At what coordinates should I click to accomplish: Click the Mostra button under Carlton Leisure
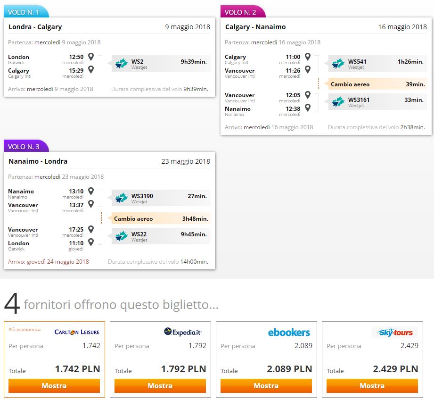pos(54,385)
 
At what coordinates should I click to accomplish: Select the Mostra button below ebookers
pos(266,385)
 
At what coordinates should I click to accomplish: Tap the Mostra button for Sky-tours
pos(372,385)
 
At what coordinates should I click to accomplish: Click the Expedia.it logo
pos(183,332)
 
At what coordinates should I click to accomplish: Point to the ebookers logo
pos(289,333)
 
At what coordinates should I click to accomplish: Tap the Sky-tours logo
pos(395,332)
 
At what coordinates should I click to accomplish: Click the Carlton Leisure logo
pos(77,332)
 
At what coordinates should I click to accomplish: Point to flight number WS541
pos(357,61)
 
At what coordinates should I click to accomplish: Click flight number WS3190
pos(142,196)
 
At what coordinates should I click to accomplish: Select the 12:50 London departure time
pos(76,57)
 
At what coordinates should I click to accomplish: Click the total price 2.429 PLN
pos(395,369)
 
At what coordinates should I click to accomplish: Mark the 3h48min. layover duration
pos(195,218)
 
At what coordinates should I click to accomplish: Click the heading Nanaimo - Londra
pos(38,161)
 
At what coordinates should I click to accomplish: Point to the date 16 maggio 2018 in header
pos(402,27)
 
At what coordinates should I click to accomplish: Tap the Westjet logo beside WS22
pos(121,236)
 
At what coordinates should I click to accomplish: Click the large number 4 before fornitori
pos(12,304)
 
